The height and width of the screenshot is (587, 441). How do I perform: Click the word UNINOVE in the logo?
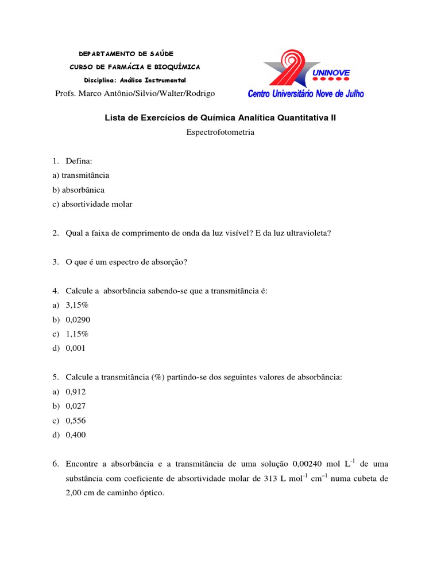[x=331, y=73]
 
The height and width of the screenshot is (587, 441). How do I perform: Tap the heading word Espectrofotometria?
[x=220, y=132]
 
